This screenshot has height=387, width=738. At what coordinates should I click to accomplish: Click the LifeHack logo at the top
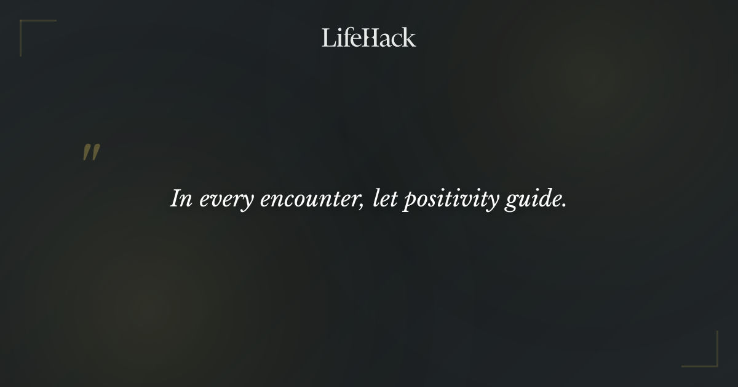pyautogui.click(x=369, y=37)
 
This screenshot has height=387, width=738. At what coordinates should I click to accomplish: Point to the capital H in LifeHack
pyautogui.click(x=370, y=37)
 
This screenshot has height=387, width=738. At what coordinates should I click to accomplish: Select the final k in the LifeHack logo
pyautogui.click(x=410, y=37)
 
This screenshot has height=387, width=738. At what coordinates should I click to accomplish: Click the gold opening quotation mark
pyautogui.click(x=91, y=153)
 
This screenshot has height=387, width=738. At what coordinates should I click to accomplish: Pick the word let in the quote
pyautogui.click(x=384, y=200)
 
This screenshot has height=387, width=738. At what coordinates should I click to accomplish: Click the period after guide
pyautogui.click(x=564, y=206)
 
